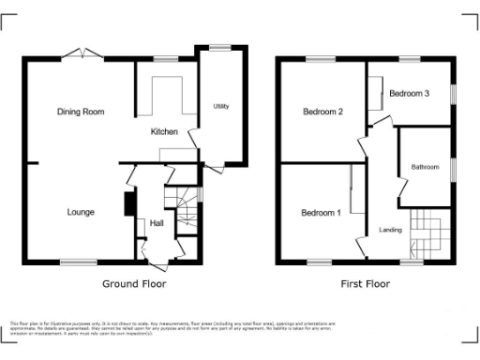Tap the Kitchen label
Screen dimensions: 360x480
click(164, 132)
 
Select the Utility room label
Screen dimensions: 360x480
click(221, 106)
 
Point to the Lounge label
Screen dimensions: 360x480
click(80, 213)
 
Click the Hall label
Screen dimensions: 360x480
click(157, 223)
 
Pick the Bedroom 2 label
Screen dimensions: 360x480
click(322, 112)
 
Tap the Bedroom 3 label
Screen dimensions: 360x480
click(410, 94)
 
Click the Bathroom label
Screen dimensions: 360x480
click(425, 168)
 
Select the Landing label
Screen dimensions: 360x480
click(390, 230)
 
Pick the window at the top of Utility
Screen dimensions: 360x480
click(221, 47)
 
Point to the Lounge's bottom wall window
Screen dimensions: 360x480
click(78, 262)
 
